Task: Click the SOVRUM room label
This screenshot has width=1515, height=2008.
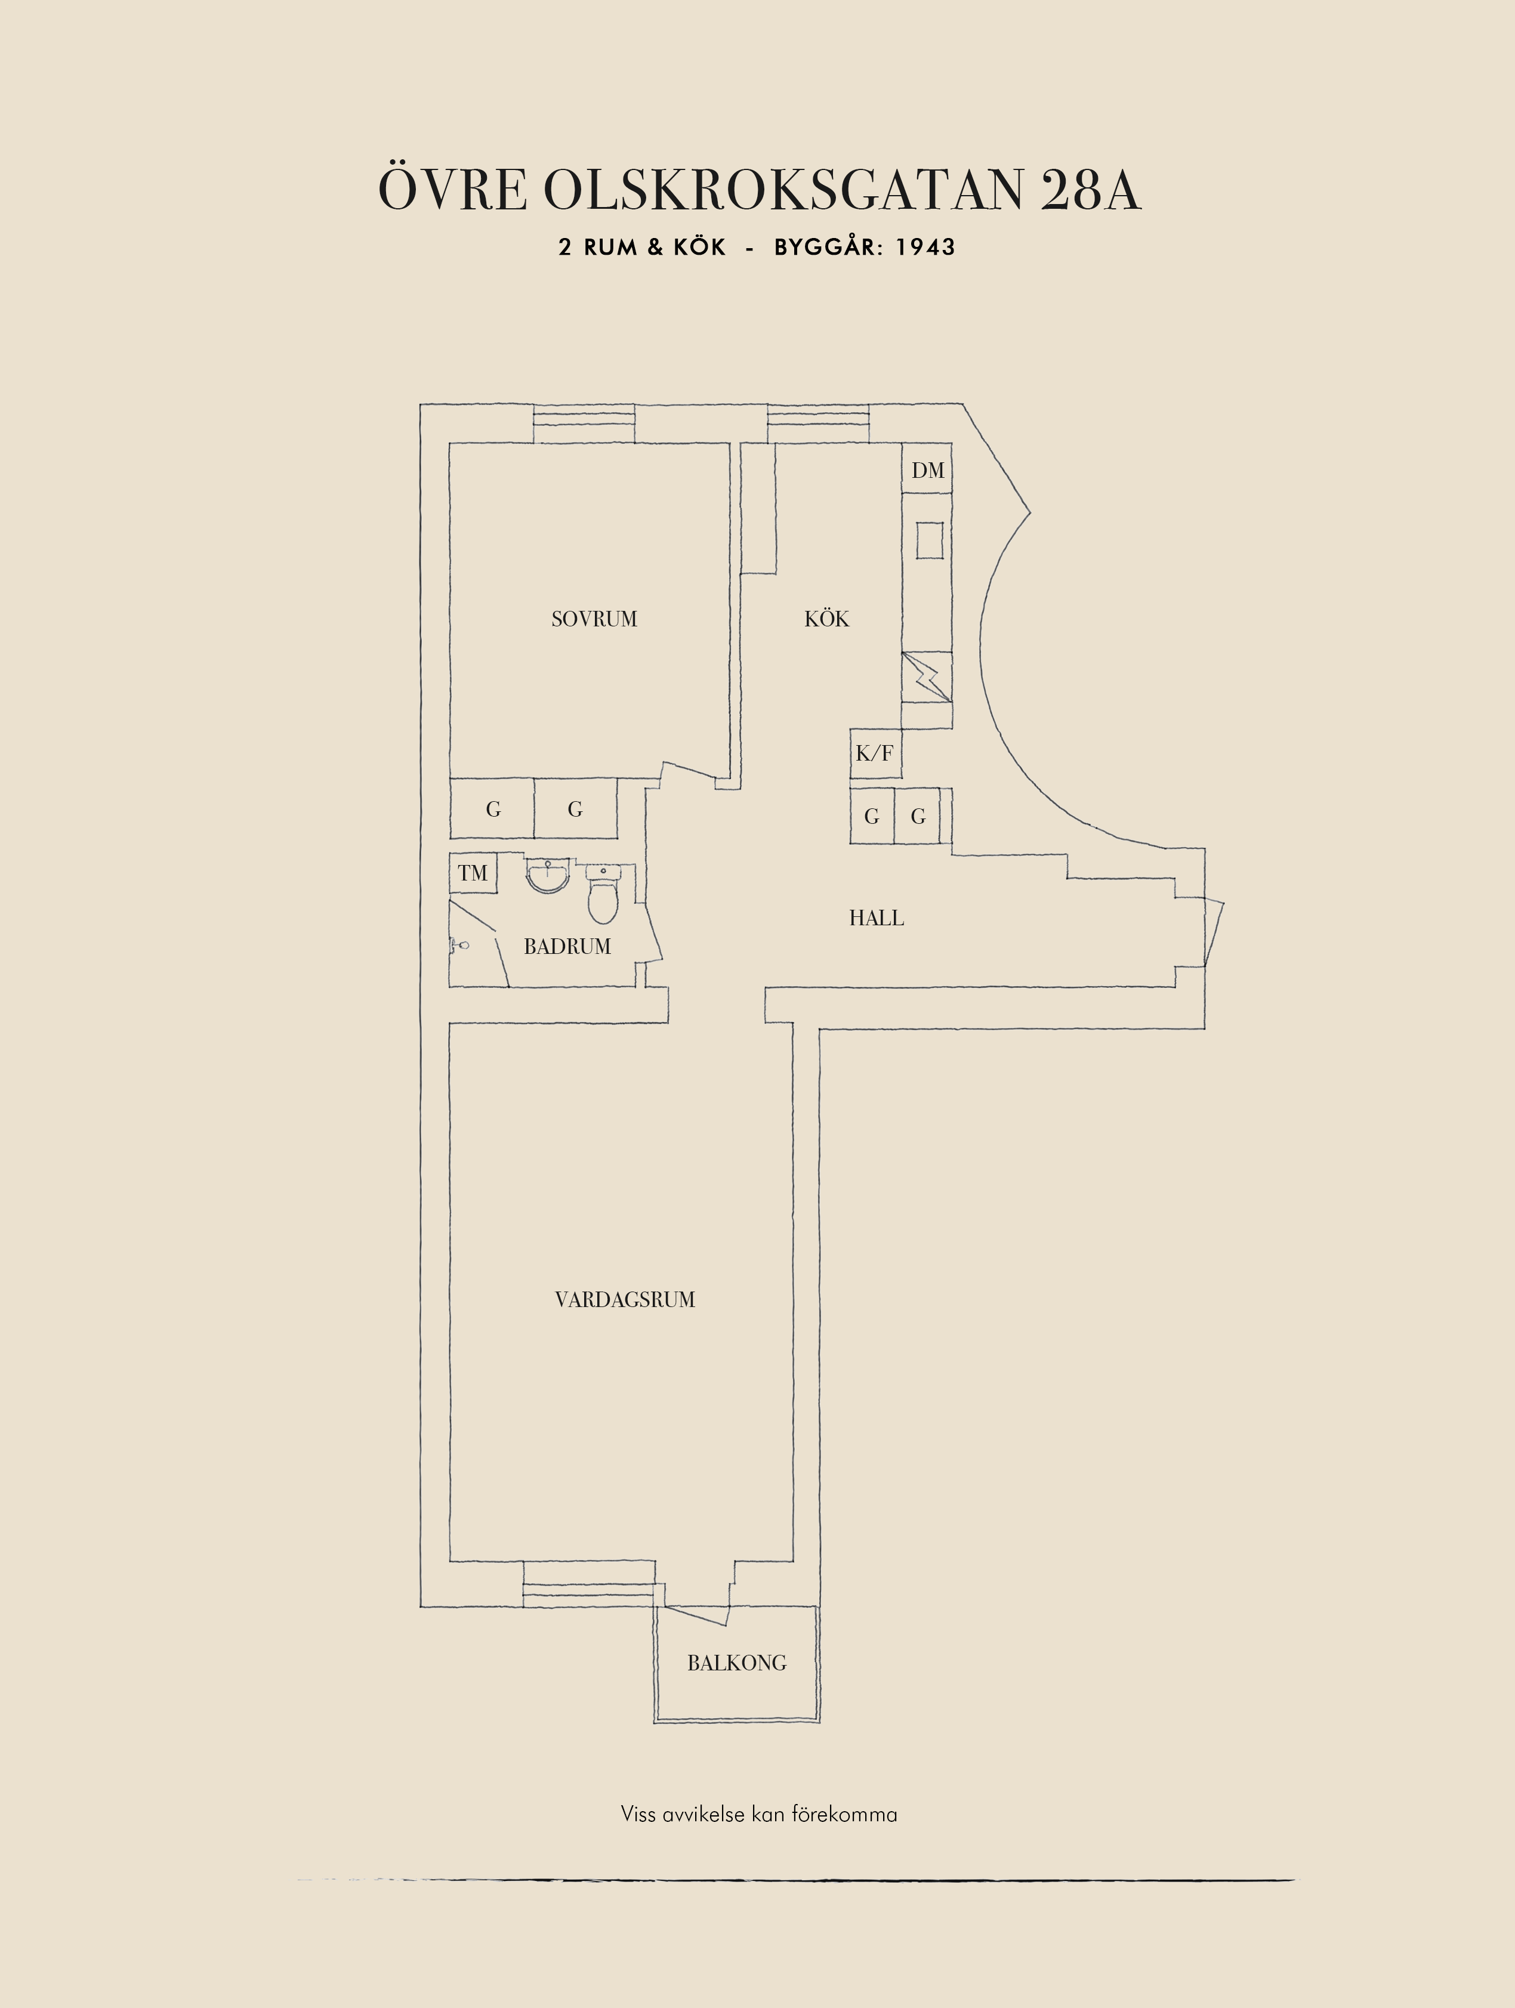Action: click(x=594, y=619)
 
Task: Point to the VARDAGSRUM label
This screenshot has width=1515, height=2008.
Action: click(x=625, y=1299)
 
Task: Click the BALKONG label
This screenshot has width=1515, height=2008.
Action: click(x=736, y=1663)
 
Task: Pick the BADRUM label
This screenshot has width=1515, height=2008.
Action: click(x=567, y=946)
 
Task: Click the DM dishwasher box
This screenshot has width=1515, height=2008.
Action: click(x=927, y=469)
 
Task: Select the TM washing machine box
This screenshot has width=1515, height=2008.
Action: click(x=473, y=873)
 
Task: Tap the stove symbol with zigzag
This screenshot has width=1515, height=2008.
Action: click(x=927, y=677)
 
